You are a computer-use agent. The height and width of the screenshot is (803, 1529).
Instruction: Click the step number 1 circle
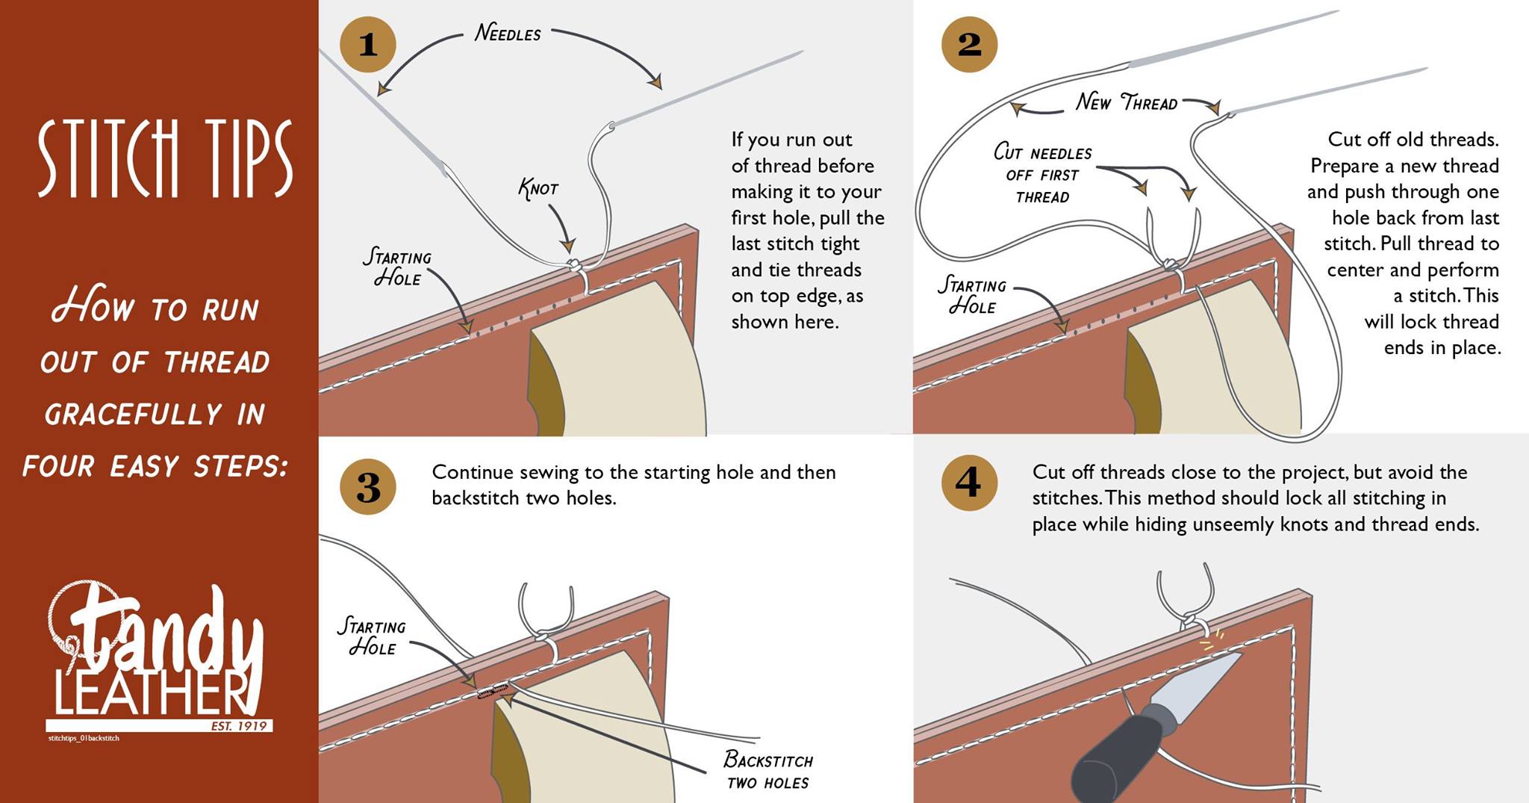click(x=367, y=44)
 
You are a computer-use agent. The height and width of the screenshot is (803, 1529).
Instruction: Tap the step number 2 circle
click(x=969, y=44)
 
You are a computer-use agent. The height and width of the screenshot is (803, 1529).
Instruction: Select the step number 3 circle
click(x=367, y=487)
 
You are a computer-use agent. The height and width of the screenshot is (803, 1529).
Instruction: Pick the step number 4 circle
click(x=969, y=483)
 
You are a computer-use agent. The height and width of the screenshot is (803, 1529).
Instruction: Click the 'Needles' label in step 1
click(x=508, y=34)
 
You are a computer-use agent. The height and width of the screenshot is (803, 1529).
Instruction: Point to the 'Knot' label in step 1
click(x=538, y=188)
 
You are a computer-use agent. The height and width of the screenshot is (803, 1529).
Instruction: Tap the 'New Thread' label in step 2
click(x=1127, y=102)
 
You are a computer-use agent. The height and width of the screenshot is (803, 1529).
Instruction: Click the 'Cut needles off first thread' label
click(x=1042, y=175)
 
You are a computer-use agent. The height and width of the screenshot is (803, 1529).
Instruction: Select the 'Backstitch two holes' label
click(x=768, y=771)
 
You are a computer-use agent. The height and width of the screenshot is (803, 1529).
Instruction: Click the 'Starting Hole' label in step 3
click(x=372, y=636)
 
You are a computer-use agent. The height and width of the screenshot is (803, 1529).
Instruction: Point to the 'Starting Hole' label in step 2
click(x=972, y=295)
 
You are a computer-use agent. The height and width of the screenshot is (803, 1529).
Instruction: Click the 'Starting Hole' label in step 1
click(x=397, y=267)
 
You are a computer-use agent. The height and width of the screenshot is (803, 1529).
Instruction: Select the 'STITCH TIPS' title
click(x=165, y=158)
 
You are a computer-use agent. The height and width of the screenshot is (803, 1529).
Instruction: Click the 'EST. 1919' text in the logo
click(x=239, y=726)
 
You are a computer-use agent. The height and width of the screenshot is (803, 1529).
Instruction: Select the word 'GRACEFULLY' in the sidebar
click(x=133, y=415)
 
